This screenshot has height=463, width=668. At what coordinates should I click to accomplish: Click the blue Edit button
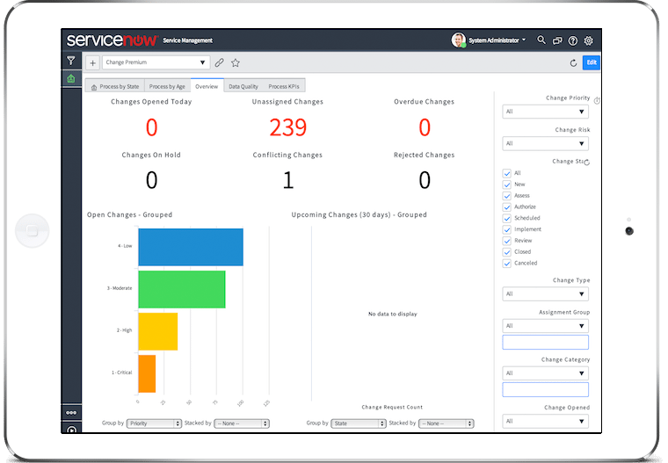tap(591, 62)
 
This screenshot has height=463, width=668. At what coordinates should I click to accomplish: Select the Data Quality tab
tap(243, 86)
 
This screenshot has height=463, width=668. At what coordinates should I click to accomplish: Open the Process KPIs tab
tap(284, 86)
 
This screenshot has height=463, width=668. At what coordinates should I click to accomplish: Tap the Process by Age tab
tap(167, 86)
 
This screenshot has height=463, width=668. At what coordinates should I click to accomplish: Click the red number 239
tap(287, 128)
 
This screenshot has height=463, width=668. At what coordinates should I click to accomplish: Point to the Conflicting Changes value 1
tap(287, 180)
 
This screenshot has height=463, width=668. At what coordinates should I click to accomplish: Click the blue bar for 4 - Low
tap(190, 247)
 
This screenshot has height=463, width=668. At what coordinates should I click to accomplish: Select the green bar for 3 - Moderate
tap(181, 289)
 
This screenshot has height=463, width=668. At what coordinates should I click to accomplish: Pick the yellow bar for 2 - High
tap(157, 331)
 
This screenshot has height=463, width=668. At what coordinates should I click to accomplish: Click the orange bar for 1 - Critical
tap(147, 373)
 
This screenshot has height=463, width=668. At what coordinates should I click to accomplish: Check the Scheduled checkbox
tap(507, 218)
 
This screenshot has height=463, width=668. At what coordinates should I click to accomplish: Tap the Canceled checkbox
tap(507, 263)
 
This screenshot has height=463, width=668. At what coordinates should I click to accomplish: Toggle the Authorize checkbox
tap(507, 206)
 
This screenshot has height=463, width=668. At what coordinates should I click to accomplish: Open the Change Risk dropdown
tap(545, 143)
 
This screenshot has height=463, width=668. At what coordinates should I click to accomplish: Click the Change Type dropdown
tap(545, 293)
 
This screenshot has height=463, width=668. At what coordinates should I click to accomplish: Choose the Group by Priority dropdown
tap(153, 423)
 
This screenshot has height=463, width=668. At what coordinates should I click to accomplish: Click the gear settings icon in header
tap(589, 40)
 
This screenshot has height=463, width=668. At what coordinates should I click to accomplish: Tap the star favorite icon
tap(236, 63)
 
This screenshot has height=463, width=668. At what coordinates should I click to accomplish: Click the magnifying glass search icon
tap(541, 40)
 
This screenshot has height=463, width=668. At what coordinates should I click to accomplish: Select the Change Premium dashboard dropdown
tap(156, 63)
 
